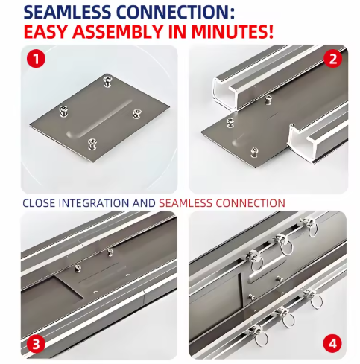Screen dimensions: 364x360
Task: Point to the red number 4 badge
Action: click(x=332, y=343)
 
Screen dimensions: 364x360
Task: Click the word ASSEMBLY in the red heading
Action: click(x=135, y=32)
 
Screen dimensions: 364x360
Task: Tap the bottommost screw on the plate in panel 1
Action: click(x=92, y=142)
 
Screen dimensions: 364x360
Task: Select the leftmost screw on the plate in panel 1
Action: click(x=63, y=111)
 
